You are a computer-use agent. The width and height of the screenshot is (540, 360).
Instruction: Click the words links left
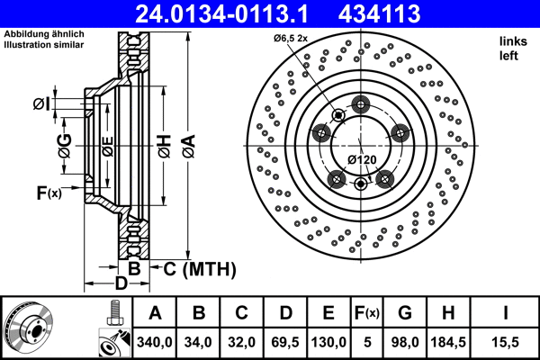[510, 49]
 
